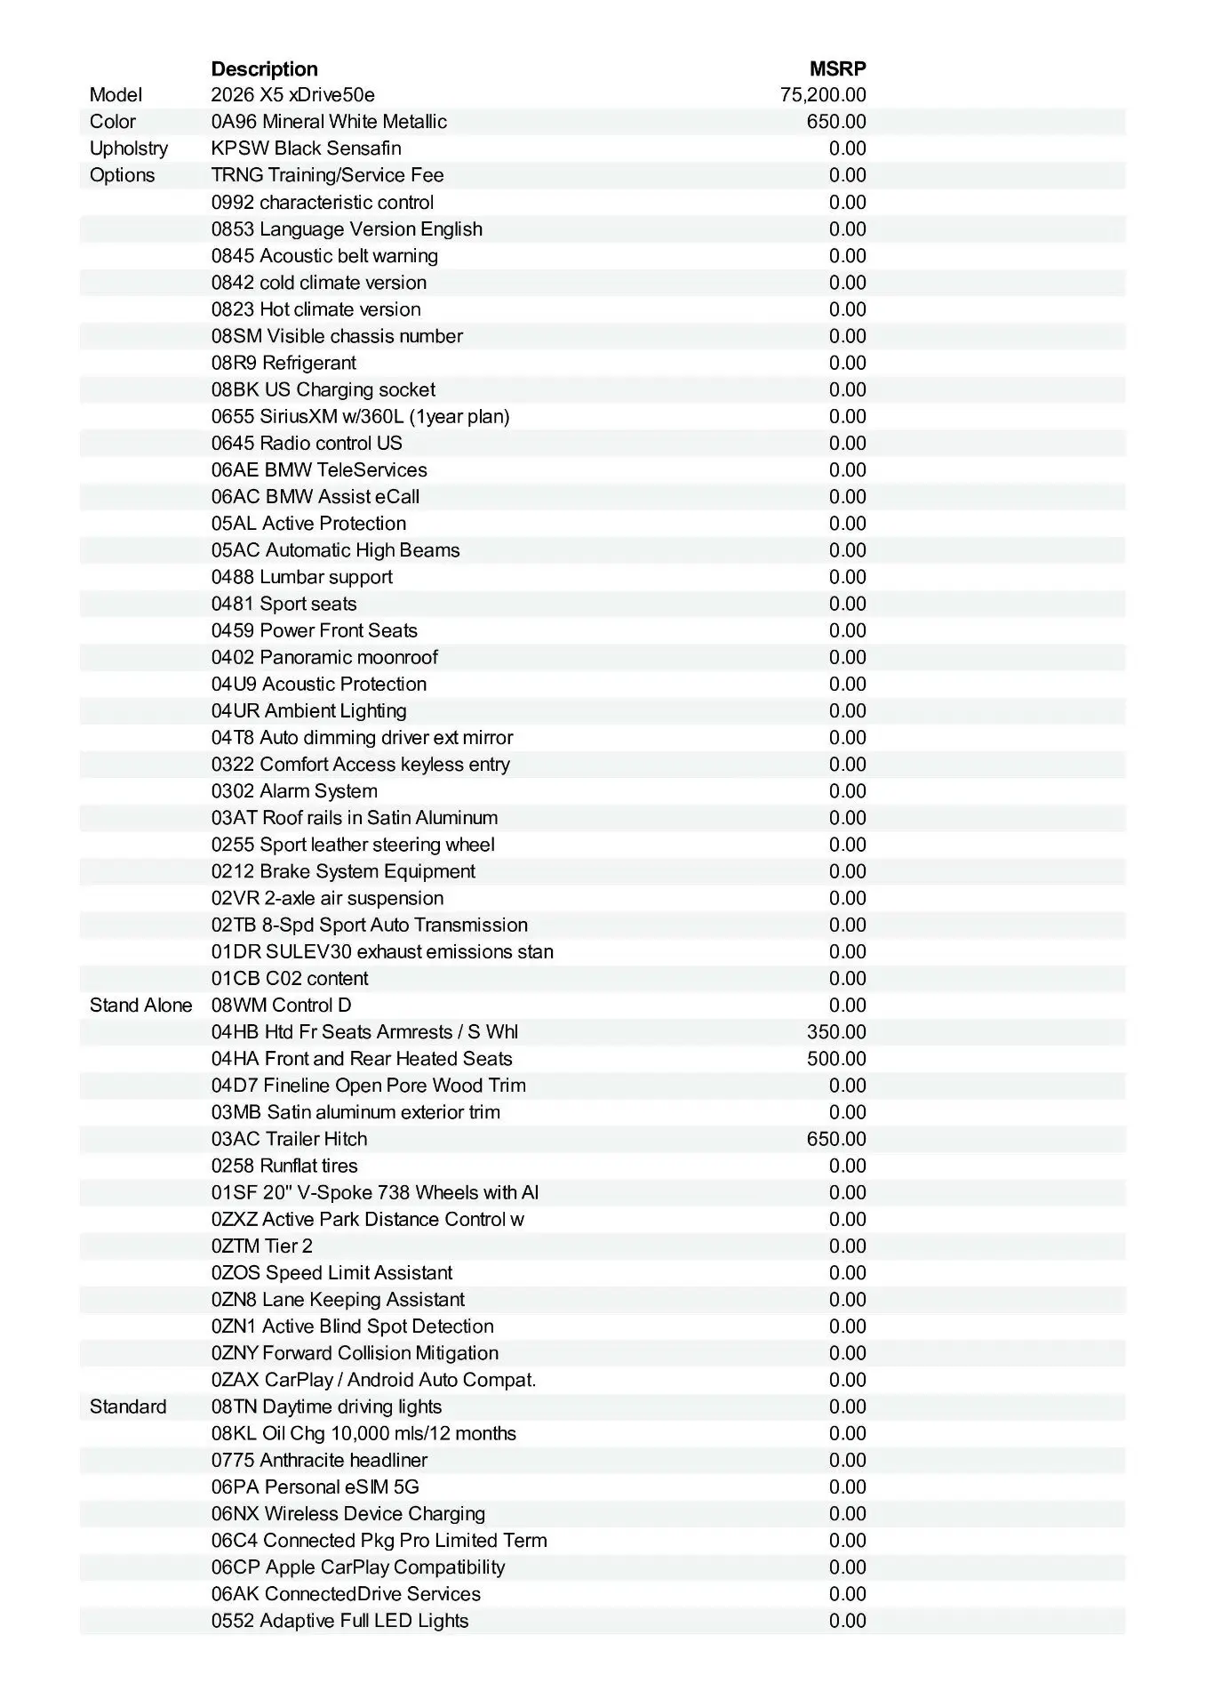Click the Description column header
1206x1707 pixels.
(x=264, y=68)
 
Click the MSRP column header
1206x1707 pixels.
(x=837, y=68)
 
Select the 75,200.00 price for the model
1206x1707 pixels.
(x=823, y=95)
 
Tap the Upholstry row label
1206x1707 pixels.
(x=128, y=148)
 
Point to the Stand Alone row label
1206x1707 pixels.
(x=140, y=1006)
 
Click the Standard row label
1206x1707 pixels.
(x=128, y=1406)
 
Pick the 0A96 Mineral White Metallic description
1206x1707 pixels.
(x=329, y=122)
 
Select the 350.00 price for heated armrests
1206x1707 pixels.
(x=836, y=1032)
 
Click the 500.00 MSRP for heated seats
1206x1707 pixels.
(x=836, y=1059)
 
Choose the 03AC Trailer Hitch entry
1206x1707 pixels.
(x=289, y=1139)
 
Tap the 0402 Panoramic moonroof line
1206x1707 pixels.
(x=324, y=657)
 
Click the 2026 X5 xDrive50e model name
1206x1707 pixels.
(x=292, y=95)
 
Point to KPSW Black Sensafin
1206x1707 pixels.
(x=306, y=148)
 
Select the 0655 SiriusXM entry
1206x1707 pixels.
(x=360, y=416)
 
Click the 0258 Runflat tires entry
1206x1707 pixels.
(x=284, y=1166)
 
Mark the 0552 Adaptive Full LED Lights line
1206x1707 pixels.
(x=339, y=1621)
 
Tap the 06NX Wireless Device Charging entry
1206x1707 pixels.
(x=348, y=1513)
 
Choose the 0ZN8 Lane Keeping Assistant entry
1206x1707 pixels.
(x=338, y=1300)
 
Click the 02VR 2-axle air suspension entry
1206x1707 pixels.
(x=327, y=898)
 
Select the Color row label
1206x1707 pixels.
(x=113, y=122)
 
